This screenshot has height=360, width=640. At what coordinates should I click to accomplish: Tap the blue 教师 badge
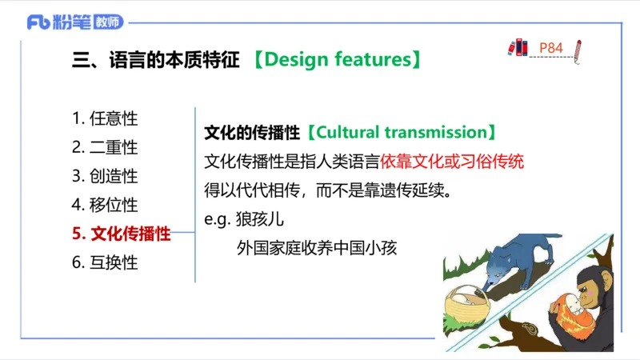click(x=109, y=22)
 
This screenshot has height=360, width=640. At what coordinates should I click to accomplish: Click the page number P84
click(x=551, y=48)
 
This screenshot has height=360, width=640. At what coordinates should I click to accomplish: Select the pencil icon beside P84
click(x=578, y=50)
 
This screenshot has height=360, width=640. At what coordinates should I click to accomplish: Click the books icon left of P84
click(x=518, y=47)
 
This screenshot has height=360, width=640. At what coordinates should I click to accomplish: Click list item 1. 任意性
click(x=105, y=118)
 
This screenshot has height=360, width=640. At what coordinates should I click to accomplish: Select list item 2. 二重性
click(x=105, y=147)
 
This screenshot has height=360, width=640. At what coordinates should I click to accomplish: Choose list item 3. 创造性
click(x=105, y=176)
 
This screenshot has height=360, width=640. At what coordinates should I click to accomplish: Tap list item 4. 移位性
click(x=105, y=205)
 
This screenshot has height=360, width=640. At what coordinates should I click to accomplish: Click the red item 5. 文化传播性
click(x=122, y=234)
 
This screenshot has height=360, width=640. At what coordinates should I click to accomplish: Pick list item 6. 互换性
click(x=105, y=262)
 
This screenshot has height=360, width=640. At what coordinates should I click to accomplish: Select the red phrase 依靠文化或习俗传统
click(x=453, y=161)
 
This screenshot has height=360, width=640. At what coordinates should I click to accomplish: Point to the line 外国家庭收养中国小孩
click(x=317, y=248)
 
